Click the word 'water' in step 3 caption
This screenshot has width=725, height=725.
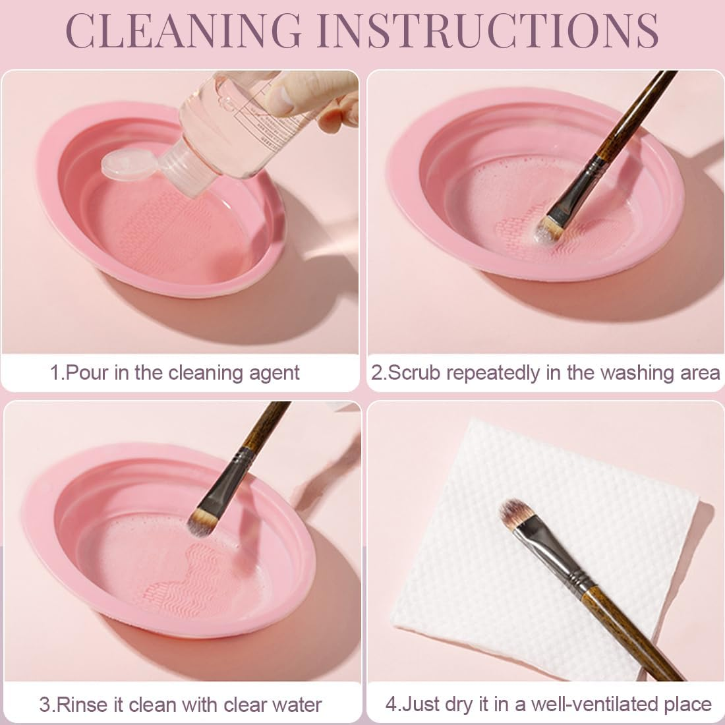pyautogui.click(x=295, y=704)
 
